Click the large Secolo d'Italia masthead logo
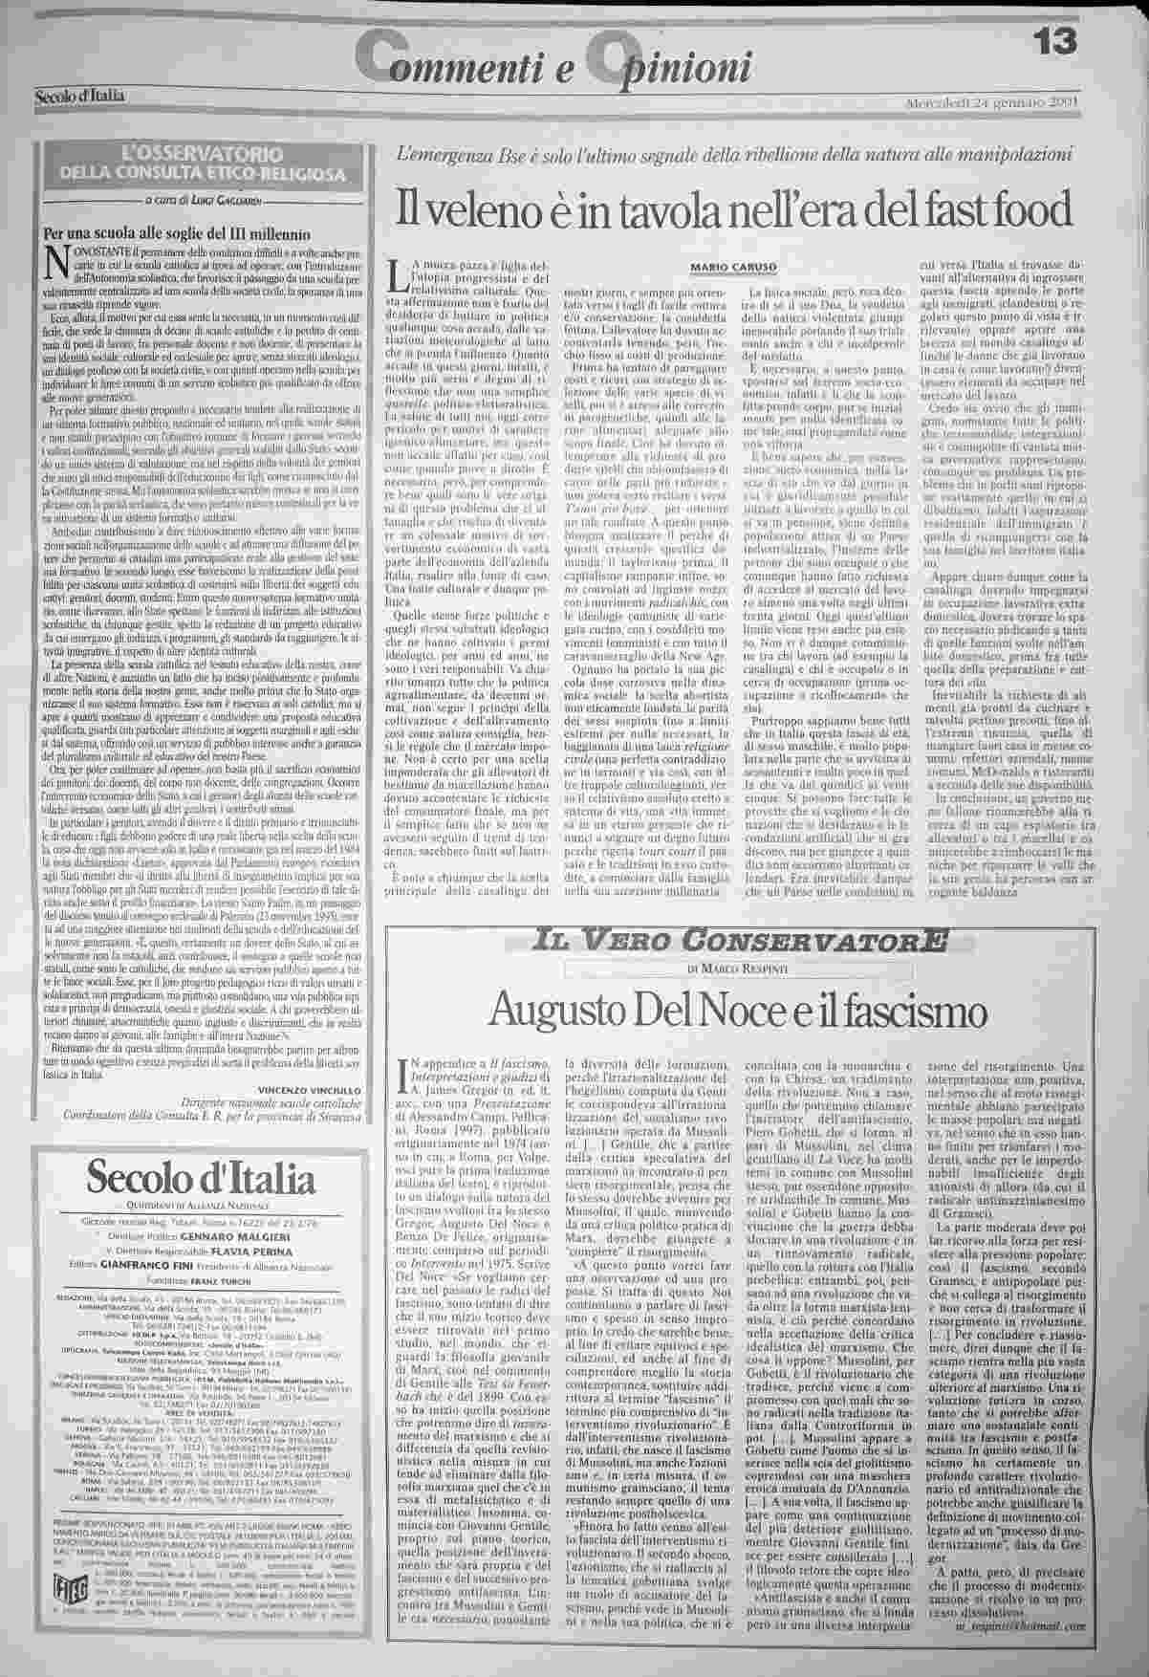tap(202, 1178)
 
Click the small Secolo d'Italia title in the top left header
tap(80, 96)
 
